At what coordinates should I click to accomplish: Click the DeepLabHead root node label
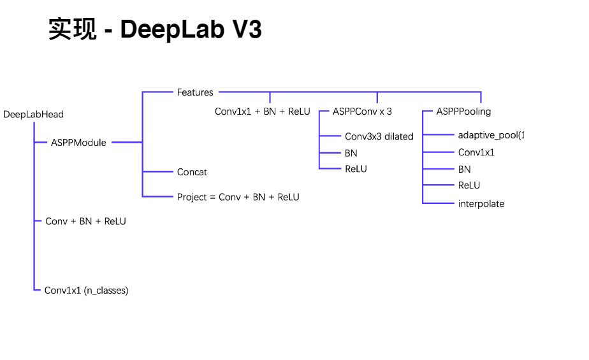click(33, 115)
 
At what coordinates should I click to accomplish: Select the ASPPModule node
click(78, 143)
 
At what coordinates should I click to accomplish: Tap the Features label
click(195, 92)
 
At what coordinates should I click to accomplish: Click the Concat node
click(192, 172)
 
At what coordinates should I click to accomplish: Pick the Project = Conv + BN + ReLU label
click(238, 197)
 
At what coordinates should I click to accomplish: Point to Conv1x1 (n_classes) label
click(86, 291)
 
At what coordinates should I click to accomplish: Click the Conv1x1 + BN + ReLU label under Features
click(262, 112)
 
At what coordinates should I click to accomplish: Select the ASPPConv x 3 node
click(362, 112)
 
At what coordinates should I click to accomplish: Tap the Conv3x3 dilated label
click(379, 136)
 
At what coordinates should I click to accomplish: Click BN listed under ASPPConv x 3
click(351, 153)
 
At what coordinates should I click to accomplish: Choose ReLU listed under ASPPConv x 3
click(356, 169)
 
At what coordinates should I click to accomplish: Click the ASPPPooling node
click(463, 112)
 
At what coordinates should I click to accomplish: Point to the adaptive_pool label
click(490, 135)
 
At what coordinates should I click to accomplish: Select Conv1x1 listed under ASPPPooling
click(476, 152)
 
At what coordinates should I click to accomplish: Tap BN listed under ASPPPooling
click(464, 169)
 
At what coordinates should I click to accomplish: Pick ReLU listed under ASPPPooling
click(469, 185)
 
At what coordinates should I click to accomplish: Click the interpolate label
click(481, 204)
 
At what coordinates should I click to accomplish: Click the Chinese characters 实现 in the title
click(73, 29)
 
